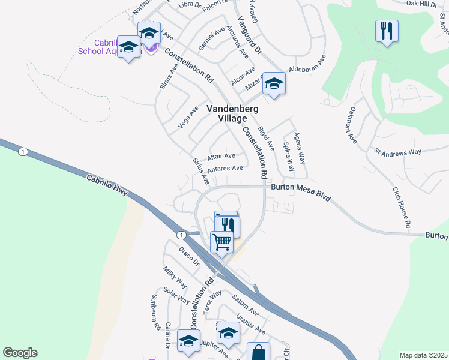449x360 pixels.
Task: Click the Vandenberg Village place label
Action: tap(227, 113)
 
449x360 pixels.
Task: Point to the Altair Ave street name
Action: tap(221, 157)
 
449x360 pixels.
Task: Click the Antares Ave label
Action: tap(224, 168)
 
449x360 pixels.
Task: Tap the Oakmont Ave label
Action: tap(352, 125)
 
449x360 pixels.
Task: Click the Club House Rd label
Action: tap(401, 207)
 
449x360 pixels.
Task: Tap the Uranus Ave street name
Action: tap(250, 323)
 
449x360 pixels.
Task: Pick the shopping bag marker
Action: tap(259, 353)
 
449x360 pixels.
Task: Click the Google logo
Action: tap(20, 353)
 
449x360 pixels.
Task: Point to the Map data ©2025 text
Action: tap(423, 355)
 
